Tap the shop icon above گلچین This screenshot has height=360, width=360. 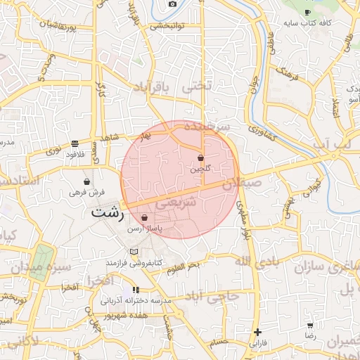[201, 158]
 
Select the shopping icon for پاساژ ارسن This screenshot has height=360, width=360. [144, 218]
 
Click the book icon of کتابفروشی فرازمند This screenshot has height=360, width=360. [134, 252]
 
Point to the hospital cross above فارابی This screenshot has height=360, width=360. [258, 333]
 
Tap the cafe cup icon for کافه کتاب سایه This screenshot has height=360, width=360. [307, 13]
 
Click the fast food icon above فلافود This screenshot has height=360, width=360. [75, 143]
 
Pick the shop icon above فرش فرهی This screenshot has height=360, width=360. [86, 181]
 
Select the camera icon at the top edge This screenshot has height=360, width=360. [172, 4]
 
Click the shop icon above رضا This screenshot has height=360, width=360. [310, 326]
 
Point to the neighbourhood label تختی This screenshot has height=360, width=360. [196, 87]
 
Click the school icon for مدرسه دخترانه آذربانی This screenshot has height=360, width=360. [136, 290]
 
